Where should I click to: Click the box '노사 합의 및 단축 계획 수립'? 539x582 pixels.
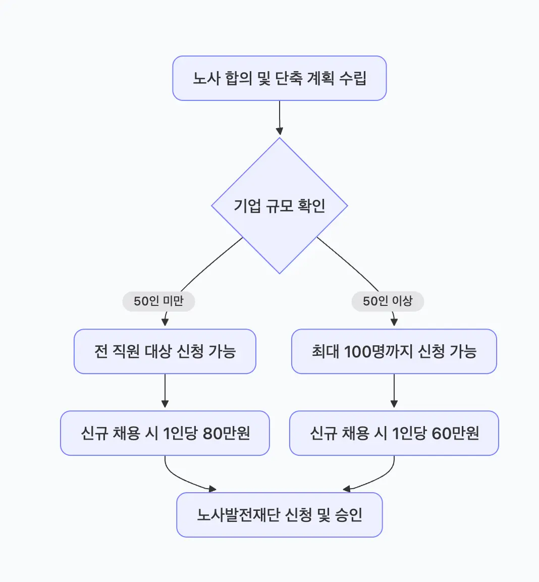279,78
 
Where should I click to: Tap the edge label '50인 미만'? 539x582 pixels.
158,301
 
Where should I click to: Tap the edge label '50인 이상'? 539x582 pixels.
388,301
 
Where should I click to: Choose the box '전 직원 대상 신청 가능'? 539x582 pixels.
165,351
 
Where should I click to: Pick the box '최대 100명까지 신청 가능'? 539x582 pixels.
394,351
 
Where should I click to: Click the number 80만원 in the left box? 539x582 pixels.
226,433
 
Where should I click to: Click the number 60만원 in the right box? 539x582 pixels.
455,433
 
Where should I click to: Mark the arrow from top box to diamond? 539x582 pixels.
279,118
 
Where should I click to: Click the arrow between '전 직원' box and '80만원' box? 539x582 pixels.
165,392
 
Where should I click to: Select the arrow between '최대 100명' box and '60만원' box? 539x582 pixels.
394,392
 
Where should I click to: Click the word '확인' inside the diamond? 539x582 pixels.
311,206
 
